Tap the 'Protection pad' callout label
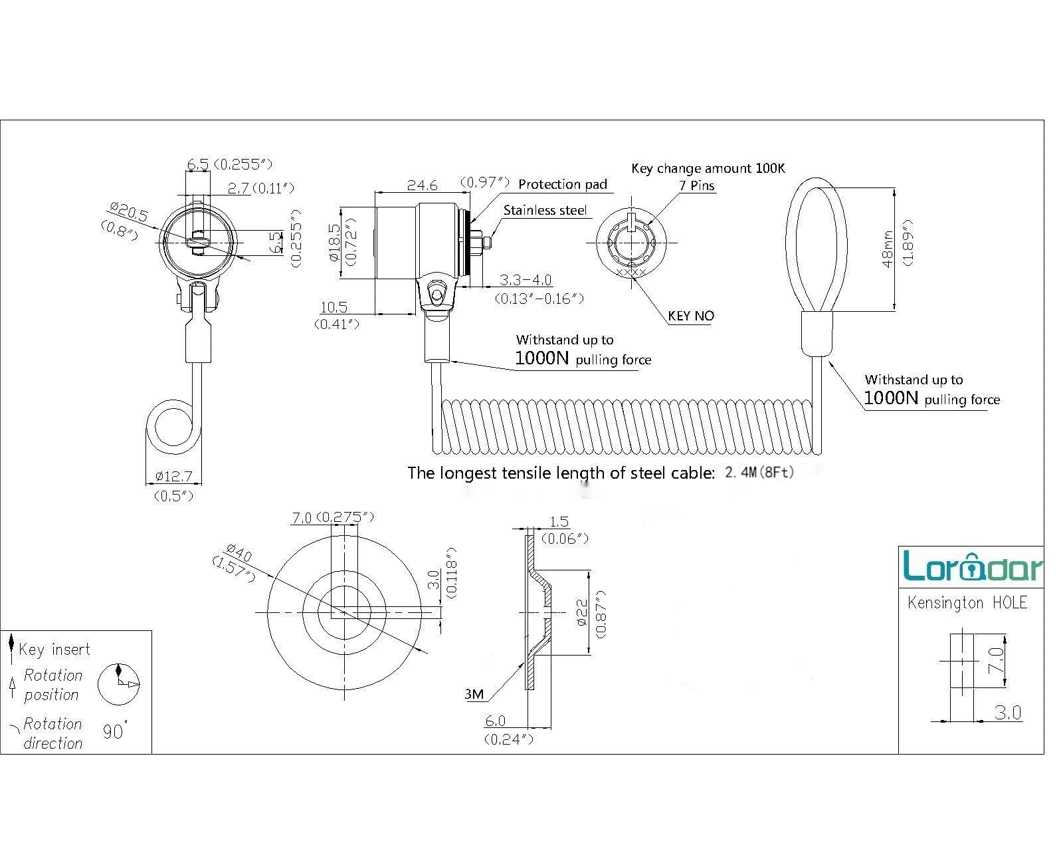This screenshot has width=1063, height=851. (x=563, y=184)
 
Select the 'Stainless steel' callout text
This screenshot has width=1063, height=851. (x=545, y=210)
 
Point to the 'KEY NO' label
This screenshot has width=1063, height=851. (x=691, y=316)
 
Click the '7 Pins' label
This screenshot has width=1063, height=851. (x=696, y=185)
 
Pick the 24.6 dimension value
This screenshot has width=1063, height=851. (x=422, y=185)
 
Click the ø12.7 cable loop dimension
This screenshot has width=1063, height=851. (x=173, y=476)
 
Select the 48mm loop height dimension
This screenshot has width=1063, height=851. (x=888, y=249)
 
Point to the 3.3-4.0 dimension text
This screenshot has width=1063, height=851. (x=525, y=280)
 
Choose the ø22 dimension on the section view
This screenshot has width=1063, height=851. (x=582, y=612)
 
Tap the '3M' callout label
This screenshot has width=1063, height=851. (x=474, y=694)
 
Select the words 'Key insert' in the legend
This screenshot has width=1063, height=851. (x=54, y=650)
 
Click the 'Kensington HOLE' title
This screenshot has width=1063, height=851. (x=967, y=602)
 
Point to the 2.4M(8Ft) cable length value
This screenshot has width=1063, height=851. (x=759, y=472)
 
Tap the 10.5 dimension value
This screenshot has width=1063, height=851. (x=334, y=307)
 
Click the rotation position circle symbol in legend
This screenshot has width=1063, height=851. (x=118, y=684)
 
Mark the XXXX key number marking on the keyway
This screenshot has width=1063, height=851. (x=631, y=273)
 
